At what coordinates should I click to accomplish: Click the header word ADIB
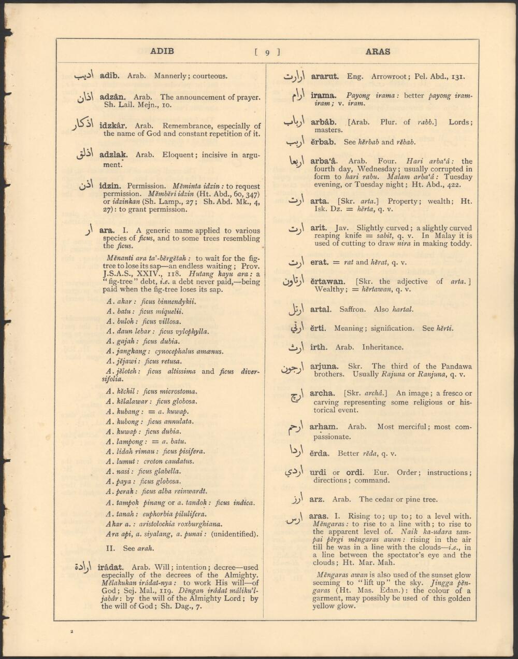pyautogui.click(x=162, y=51)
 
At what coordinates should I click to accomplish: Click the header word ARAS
pyautogui.click(x=378, y=52)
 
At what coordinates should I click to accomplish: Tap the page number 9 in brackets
pyautogui.click(x=267, y=52)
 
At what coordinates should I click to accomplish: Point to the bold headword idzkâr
pyautogui.click(x=114, y=126)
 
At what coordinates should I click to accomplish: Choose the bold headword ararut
pyautogui.click(x=325, y=77)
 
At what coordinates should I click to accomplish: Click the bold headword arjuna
pyautogui.click(x=324, y=366)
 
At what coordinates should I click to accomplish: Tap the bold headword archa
pyautogui.click(x=322, y=394)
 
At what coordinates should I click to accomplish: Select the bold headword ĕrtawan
pyautogui.click(x=327, y=282)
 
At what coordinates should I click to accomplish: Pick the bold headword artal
pyautogui.click(x=320, y=310)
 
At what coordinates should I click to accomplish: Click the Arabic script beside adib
pyautogui.click(x=84, y=76)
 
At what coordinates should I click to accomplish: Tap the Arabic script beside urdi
pyautogui.click(x=294, y=473)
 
